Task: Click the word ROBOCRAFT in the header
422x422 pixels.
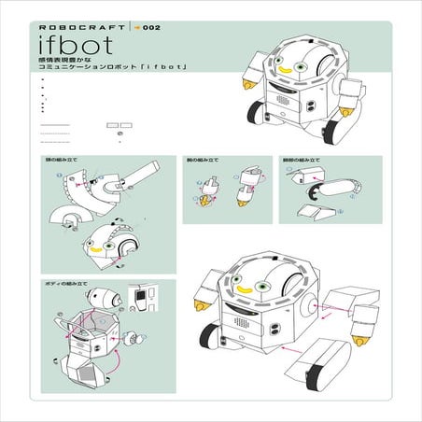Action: [68, 28]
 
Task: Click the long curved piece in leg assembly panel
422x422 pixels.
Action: [326, 191]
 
